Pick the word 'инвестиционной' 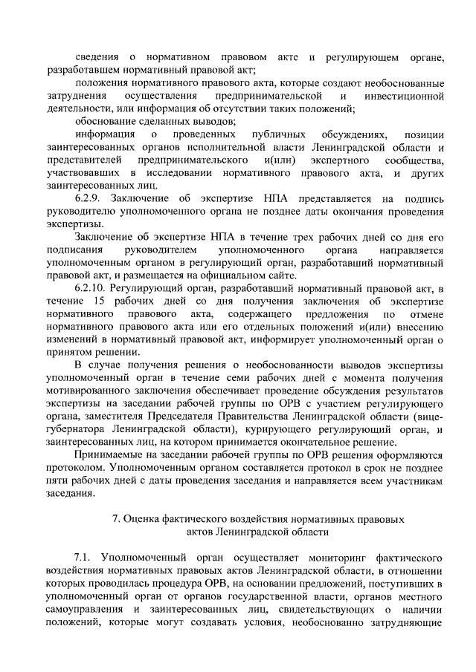click(x=405, y=97)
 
